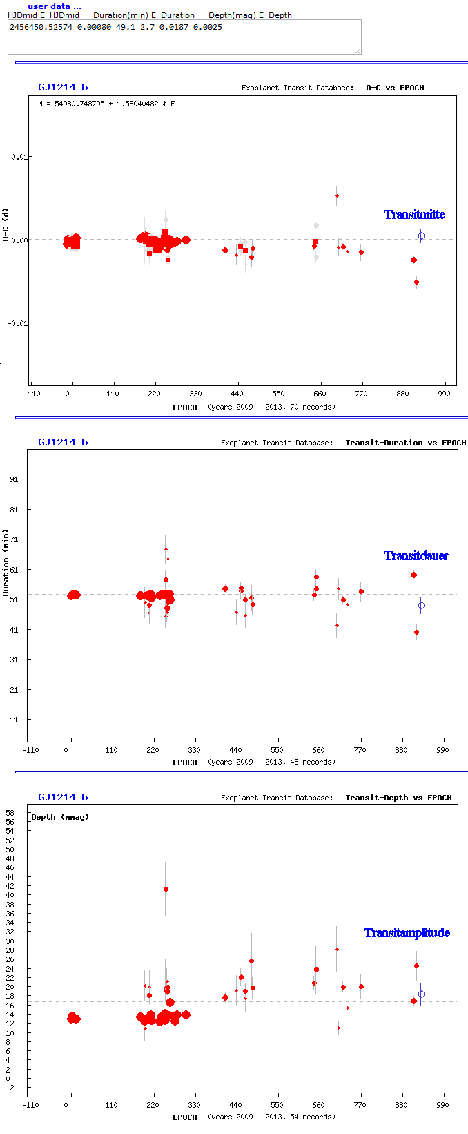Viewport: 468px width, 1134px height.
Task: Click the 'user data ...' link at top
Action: pos(54,6)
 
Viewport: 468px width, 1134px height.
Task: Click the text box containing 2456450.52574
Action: pos(184,37)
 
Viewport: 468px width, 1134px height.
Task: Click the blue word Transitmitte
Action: pos(414,215)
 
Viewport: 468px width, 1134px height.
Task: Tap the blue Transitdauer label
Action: pos(416,556)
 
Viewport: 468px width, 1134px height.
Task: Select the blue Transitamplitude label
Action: pos(407,933)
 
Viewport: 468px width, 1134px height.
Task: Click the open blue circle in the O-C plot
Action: pos(421,236)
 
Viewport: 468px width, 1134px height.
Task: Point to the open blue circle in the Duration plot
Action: pos(421,606)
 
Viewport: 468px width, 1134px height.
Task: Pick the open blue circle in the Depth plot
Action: pos(421,994)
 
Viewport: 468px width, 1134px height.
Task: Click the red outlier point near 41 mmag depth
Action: pos(166,889)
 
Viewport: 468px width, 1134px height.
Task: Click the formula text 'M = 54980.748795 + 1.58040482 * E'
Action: pos(106,104)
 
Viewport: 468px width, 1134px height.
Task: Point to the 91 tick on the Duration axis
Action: pos(14,479)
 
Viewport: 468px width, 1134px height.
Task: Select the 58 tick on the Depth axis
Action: pos(10,813)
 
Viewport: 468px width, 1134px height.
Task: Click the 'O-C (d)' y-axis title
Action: pos(6,225)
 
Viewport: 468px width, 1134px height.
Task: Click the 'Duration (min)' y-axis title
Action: pos(6,563)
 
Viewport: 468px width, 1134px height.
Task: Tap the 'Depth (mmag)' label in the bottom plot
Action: pos(60,817)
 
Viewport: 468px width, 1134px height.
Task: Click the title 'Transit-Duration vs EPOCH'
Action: pos(406,443)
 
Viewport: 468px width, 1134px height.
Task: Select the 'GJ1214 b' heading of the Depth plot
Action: pos(63,797)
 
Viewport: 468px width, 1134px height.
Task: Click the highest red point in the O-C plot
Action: pos(337,195)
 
